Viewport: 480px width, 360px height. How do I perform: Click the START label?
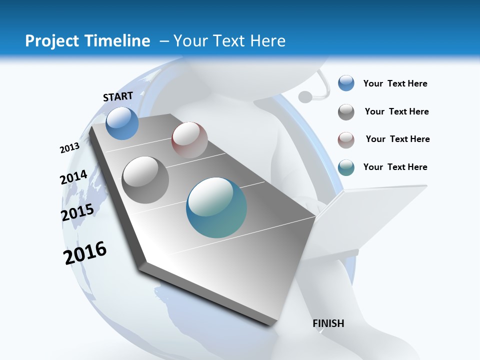(118, 96)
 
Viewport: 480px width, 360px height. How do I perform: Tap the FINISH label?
(328, 323)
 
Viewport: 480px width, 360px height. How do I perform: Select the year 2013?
(70, 148)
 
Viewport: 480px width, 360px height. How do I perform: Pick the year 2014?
(74, 177)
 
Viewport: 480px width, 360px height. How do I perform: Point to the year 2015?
(77, 212)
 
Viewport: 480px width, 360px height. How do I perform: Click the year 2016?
(85, 253)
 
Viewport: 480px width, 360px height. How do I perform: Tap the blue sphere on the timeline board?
(122, 123)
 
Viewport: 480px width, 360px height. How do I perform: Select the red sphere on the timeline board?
(189, 139)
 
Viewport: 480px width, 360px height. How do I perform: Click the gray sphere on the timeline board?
(145, 179)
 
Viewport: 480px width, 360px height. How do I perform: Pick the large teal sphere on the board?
(216, 207)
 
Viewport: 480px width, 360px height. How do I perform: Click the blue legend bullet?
(346, 83)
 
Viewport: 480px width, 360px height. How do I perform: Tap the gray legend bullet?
(346, 112)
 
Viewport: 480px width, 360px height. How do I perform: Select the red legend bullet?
(346, 140)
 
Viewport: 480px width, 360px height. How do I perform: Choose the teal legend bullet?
(346, 167)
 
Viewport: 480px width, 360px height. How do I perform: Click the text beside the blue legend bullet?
(395, 83)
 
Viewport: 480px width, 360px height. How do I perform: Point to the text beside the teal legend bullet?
(395, 167)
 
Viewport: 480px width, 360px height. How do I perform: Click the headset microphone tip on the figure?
(304, 95)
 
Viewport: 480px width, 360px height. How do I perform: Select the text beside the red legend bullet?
(397, 139)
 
